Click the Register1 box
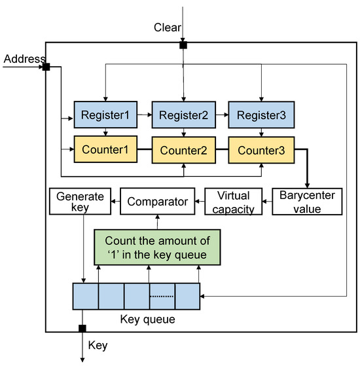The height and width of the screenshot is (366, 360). point(106,115)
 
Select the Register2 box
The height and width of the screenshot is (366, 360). point(183,115)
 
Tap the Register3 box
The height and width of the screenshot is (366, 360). point(261,115)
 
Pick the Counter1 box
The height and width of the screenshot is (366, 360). point(106,150)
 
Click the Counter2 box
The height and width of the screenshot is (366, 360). point(183,150)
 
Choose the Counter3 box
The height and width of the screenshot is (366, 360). point(261,150)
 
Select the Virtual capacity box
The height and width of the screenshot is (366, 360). point(234,202)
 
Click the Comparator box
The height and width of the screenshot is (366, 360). point(157,202)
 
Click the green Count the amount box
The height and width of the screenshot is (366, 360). point(157,246)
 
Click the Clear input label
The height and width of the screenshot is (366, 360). point(167,27)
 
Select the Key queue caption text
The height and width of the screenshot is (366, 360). point(147,320)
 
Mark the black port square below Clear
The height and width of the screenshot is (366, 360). point(183,45)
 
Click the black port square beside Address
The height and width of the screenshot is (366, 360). point(46,67)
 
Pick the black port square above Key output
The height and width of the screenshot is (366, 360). point(82,329)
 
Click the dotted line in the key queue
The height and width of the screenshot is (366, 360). point(162,297)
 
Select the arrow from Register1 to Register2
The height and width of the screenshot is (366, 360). point(144,115)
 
